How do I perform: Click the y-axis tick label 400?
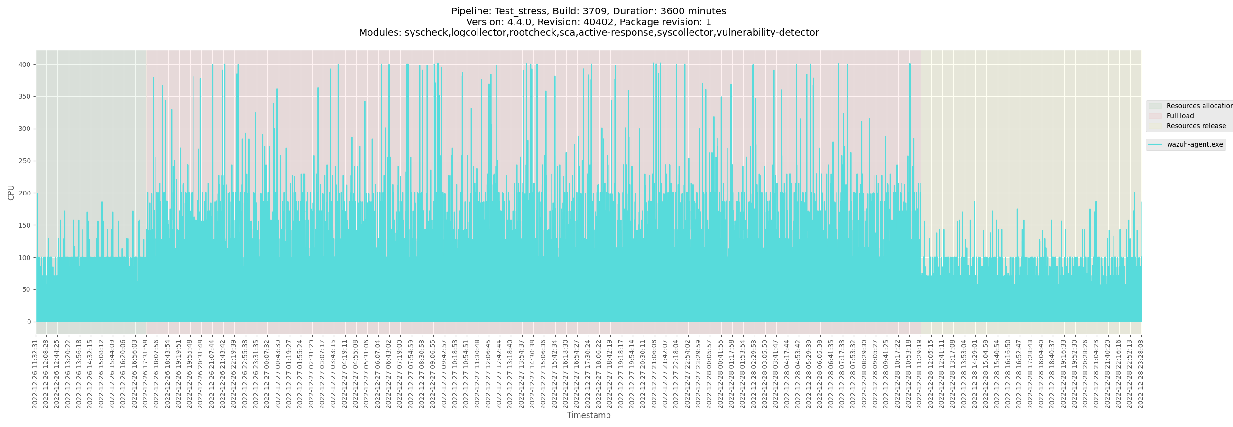25,65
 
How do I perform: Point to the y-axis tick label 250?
25,161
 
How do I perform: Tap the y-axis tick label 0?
29,322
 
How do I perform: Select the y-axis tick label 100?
25,258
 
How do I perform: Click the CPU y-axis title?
11,193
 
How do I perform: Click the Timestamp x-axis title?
588,415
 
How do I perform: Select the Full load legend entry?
1180,116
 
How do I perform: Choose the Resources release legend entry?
1196,126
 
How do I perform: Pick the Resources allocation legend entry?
1198,106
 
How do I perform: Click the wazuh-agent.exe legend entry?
1194,145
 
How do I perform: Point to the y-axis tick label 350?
25,97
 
